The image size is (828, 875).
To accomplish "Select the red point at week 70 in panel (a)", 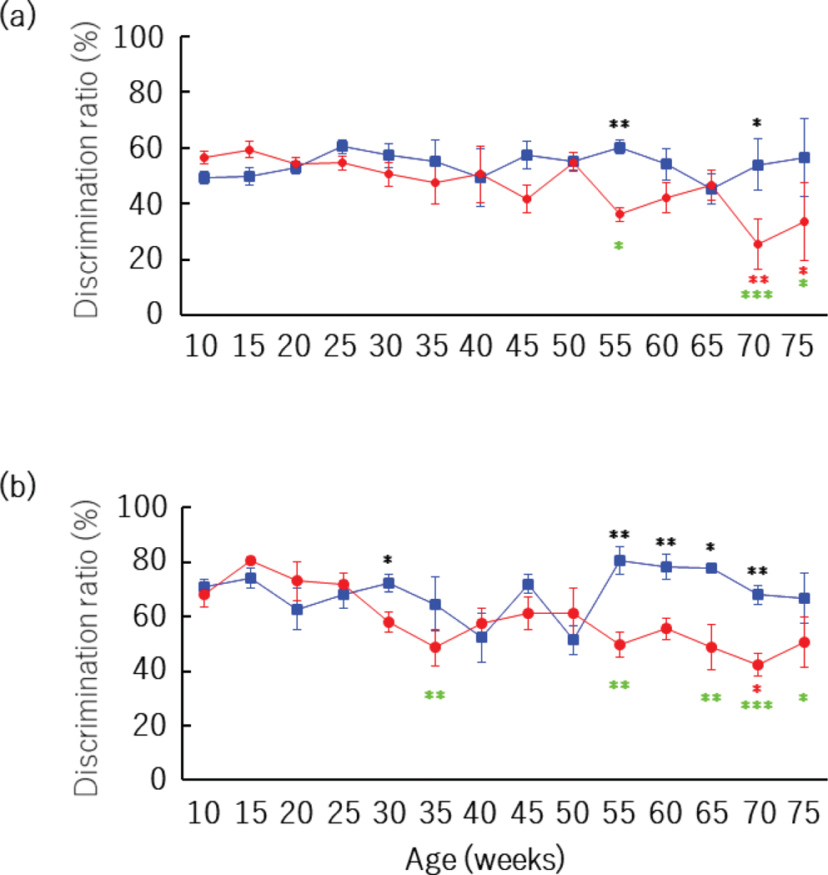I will pyautogui.click(x=757, y=244).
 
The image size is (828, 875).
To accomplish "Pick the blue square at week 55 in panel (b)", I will pyautogui.click(x=620, y=561).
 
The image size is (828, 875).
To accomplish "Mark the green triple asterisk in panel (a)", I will pyautogui.click(x=757, y=295).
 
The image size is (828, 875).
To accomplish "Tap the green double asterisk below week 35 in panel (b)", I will pyautogui.click(x=434, y=696).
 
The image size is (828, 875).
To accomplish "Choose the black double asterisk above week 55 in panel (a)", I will pyautogui.click(x=620, y=126).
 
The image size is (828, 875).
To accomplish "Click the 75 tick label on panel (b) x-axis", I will pyautogui.click(x=803, y=812).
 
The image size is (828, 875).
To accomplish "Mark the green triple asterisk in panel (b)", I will pyautogui.click(x=757, y=707).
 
